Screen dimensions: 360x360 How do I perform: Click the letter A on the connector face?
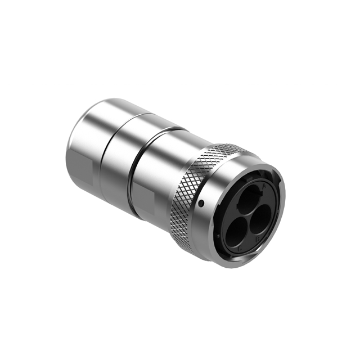264,186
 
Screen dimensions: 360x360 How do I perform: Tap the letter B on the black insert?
258,238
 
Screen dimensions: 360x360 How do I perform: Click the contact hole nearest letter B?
259,218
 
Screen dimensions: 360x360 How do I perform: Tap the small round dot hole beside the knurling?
201,203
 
